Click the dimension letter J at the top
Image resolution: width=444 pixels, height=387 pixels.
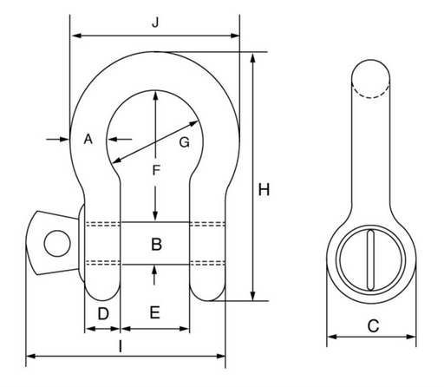pyautogui.click(x=155, y=23)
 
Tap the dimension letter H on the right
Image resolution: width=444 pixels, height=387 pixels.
pyautogui.click(x=264, y=190)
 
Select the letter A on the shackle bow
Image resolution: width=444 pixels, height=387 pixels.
pyautogui.click(x=88, y=139)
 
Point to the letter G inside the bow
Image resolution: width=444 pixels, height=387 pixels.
pyautogui.click(x=185, y=142)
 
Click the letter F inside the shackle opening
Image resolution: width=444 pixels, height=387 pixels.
pyautogui.click(x=156, y=170)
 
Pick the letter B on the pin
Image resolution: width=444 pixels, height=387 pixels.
pyautogui.click(x=156, y=244)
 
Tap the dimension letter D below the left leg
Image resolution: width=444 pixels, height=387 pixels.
pyautogui.click(x=103, y=314)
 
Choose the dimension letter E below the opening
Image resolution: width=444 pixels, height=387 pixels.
pyautogui.click(x=155, y=312)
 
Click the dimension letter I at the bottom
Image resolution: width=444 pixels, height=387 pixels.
pyautogui.click(x=121, y=346)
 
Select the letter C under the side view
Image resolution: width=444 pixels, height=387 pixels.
pyautogui.click(x=373, y=326)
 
